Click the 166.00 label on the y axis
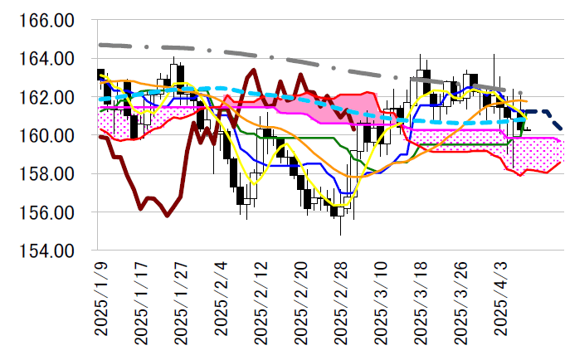coord(49,21)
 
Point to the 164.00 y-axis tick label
coord(49,59)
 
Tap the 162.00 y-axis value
coord(49,97)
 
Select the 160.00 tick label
coord(49,135)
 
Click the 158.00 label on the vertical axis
coord(49,174)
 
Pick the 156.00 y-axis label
coord(49,212)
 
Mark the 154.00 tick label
coord(49,251)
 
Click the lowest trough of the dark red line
coord(167,216)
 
